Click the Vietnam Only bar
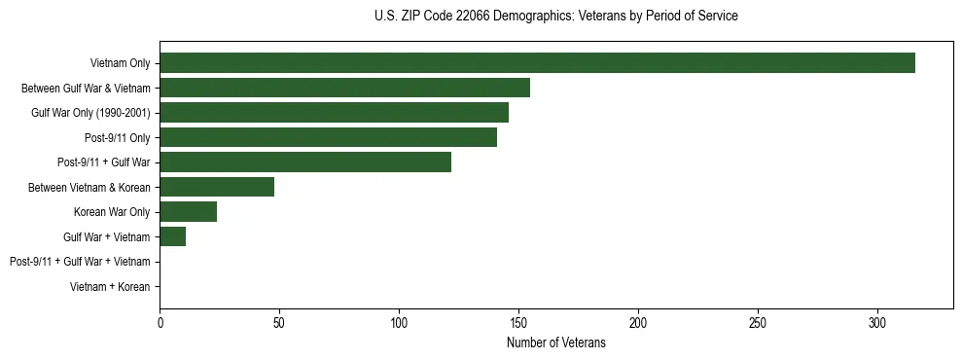click(x=537, y=63)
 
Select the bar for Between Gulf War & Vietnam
click(x=344, y=88)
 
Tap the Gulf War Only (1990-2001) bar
click(x=334, y=113)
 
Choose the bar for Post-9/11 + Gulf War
click(x=305, y=162)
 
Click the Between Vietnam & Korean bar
click(x=217, y=187)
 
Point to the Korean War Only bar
click(x=189, y=212)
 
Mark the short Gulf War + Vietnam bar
click(x=173, y=236)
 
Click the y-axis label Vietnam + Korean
click(x=110, y=287)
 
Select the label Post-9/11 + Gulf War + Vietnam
click(x=80, y=262)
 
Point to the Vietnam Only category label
click(x=120, y=63)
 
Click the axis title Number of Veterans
click(x=556, y=342)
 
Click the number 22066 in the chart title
click(x=474, y=17)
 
